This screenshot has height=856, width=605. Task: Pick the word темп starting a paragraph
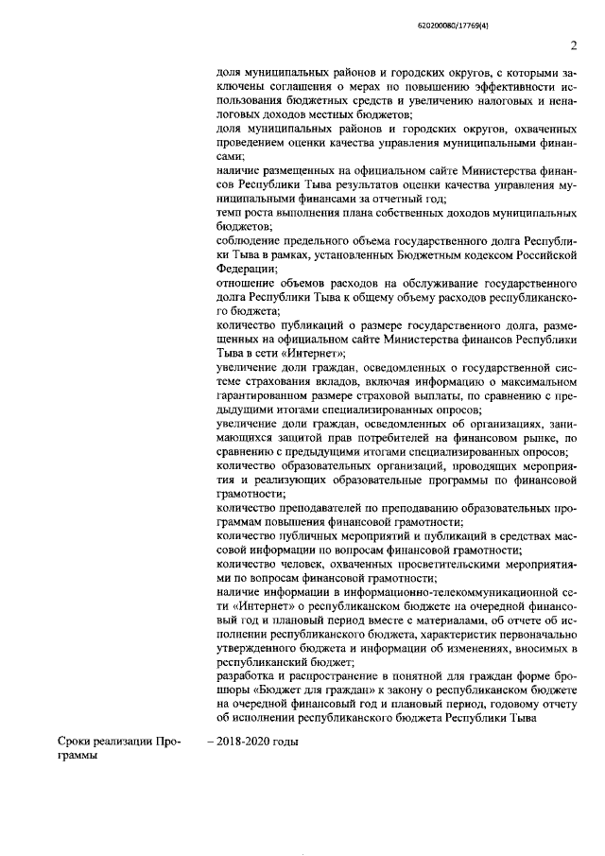[x=230, y=213]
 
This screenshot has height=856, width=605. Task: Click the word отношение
[x=248, y=283]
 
